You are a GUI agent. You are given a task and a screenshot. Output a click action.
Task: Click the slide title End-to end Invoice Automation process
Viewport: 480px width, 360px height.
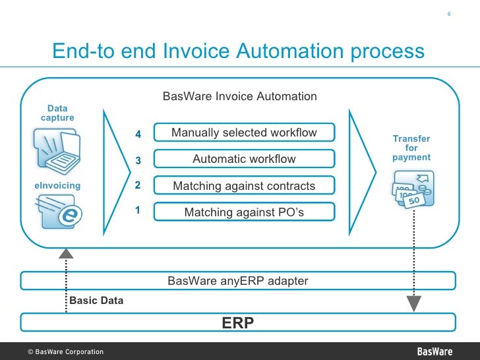pyautogui.click(x=238, y=51)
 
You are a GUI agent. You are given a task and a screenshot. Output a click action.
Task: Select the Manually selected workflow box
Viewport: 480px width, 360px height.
pyautogui.click(x=244, y=133)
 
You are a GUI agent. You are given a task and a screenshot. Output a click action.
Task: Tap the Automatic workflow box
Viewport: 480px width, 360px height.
pyautogui.click(x=244, y=159)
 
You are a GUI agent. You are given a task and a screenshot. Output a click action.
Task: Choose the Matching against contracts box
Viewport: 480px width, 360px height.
pyautogui.click(x=244, y=186)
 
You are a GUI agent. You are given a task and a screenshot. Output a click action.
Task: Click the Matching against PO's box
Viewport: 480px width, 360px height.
pyautogui.click(x=244, y=212)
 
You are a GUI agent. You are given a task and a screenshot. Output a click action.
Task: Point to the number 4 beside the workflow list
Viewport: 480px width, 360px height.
pyautogui.click(x=138, y=135)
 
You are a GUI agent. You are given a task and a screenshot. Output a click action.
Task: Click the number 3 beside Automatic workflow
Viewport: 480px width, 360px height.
pyautogui.click(x=138, y=160)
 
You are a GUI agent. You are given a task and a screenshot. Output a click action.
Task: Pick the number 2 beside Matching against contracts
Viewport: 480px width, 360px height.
pyautogui.click(x=138, y=185)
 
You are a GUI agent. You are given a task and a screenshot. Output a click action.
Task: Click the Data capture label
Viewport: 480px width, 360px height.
pyautogui.click(x=57, y=113)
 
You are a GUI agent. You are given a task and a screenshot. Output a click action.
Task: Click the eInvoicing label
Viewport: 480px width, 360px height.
pyautogui.click(x=57, y=185)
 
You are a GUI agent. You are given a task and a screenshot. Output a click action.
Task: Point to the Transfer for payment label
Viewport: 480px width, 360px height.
pyautogui.click(x=411, y=148)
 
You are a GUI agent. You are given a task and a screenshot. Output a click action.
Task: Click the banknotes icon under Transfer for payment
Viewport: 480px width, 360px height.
pyautogui.click(x=411, y=191)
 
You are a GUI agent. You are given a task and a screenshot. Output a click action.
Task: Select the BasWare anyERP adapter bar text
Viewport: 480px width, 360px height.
pyautogui.click(x=238, y=281)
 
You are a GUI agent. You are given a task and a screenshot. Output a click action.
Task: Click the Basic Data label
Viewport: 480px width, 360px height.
pyautogui.click(x=96, y=300)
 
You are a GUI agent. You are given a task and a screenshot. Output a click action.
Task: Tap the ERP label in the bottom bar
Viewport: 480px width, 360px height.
pyautogui.click(x=238, y=322)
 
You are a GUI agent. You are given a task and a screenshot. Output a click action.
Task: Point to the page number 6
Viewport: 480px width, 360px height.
pyautogui.click(x=448, y=15)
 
